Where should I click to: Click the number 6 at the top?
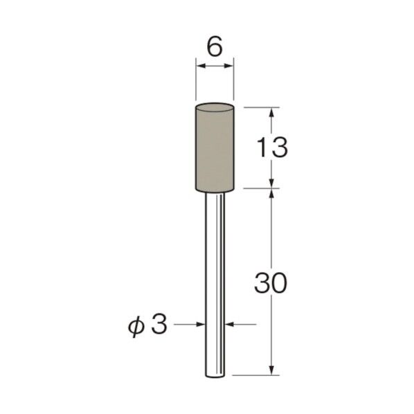215,47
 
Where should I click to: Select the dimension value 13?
272,148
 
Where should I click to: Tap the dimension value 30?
271,283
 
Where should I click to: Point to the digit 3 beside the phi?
159,324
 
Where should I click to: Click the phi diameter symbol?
136,327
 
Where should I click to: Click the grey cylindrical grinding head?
215,147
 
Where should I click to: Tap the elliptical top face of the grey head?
215,108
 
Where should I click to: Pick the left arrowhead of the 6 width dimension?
201,66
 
